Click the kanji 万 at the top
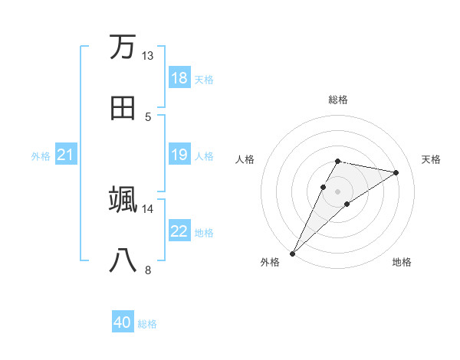pos(123,47)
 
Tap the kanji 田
pos(123,107)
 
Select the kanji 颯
pos(123,199)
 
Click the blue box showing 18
pos(179,78)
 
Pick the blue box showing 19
pos(179,155)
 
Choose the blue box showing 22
pos(179,232)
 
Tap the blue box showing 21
pos(66,155)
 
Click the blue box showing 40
pos(123,323)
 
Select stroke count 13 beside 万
pos(147,56)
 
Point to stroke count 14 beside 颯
pos(147,208)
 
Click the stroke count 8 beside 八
pos(148,270)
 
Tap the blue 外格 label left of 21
pos(41,156)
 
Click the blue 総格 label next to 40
pos(147,324)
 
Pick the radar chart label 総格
pos(337,100)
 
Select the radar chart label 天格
pos(431,159)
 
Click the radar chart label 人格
pos(245,159)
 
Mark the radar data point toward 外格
pos(292,253)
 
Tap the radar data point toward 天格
pos(396,172)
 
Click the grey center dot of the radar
pos(337,191)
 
